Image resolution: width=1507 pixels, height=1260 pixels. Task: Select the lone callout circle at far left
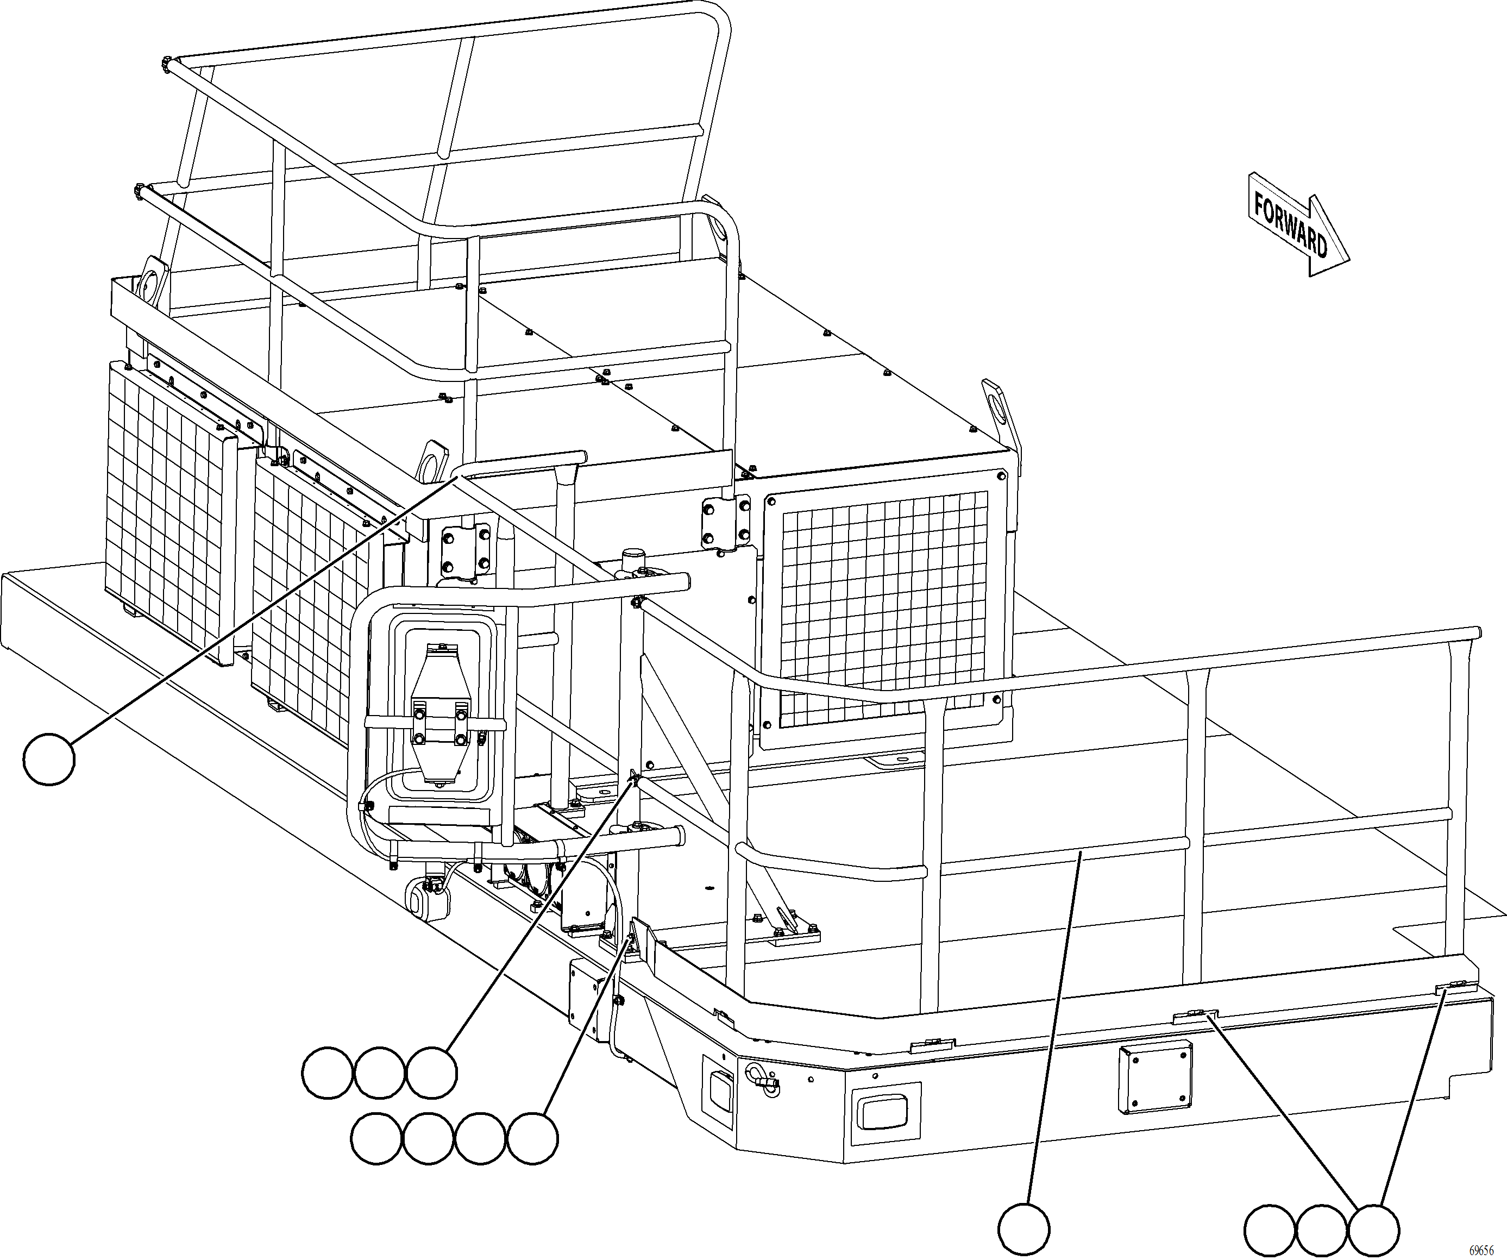click(49, 758)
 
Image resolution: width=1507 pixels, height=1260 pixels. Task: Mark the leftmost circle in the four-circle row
click(377, 1139)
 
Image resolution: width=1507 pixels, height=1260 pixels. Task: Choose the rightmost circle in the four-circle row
click(532, 1139)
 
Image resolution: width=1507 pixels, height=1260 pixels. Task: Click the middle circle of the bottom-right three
click(1321, 1231)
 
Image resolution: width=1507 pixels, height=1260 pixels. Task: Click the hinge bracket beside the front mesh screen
click(725, 522)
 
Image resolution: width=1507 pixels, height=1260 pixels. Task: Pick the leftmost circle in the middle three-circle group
click(327, 1073)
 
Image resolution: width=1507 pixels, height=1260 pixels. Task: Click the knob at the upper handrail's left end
click(166, 65)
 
